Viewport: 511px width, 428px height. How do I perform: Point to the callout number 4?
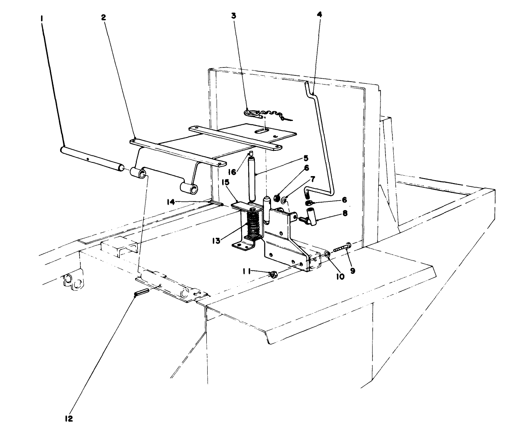(319, 14)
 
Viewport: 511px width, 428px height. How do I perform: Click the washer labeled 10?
(327, 253)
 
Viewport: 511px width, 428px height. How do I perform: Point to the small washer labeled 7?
(285, 201)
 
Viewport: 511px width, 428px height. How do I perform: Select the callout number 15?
(225, 182)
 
